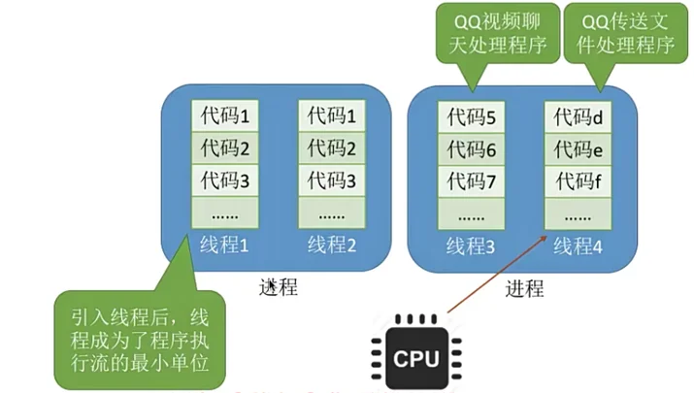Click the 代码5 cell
(472, 117)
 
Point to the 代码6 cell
(472, 149)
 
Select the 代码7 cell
(472, 180)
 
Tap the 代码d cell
(578, 117)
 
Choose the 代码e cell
(578, 149)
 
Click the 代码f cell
(578, 180)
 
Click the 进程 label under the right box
(525, 289)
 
